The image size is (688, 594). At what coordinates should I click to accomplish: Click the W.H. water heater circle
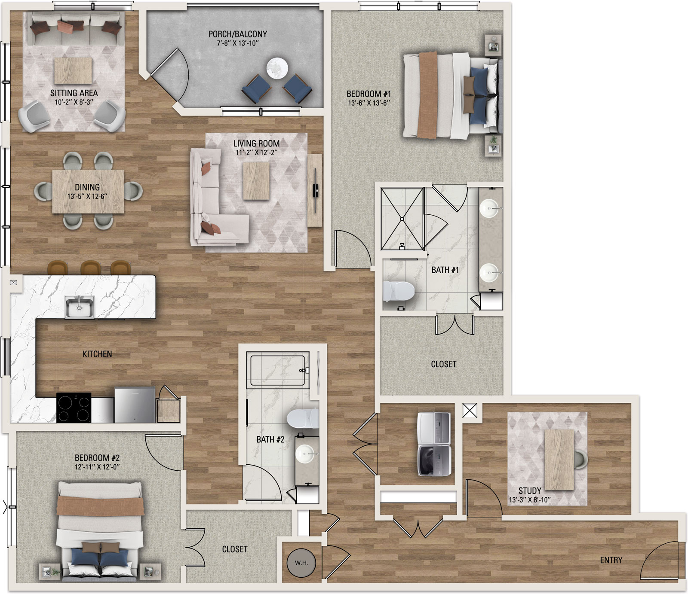pos(301,562)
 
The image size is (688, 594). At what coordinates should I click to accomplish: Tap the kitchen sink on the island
pos(80,307)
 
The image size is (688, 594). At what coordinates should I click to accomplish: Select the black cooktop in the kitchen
pos(74,407)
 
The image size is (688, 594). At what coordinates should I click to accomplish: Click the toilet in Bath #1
pos(399,292)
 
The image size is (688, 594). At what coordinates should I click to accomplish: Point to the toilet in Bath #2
pos(302,419)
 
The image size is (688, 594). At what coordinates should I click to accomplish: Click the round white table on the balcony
pos(277,68)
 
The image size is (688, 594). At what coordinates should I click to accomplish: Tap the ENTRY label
pos(611,560)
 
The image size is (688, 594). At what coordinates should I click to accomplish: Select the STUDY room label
pos(530,490)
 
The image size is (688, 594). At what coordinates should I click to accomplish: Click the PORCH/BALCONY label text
pos(238,34)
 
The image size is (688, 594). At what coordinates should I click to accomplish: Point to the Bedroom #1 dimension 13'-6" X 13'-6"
pos(369,103)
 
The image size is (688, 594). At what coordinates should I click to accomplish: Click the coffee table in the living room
pos(256,182)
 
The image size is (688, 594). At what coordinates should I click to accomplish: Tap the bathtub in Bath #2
pos(278,370)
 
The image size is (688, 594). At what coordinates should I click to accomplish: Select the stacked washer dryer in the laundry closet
pos(434,444)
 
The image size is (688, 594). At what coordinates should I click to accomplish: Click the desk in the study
pos(559,460)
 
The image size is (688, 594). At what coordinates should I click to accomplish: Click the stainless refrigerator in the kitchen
pos(135,405)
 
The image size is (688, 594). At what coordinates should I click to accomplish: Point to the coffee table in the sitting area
pos(73,71)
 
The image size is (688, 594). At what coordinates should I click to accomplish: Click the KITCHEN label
pos(97,354)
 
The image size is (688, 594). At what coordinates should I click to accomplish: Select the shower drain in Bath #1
pos(402,219)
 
